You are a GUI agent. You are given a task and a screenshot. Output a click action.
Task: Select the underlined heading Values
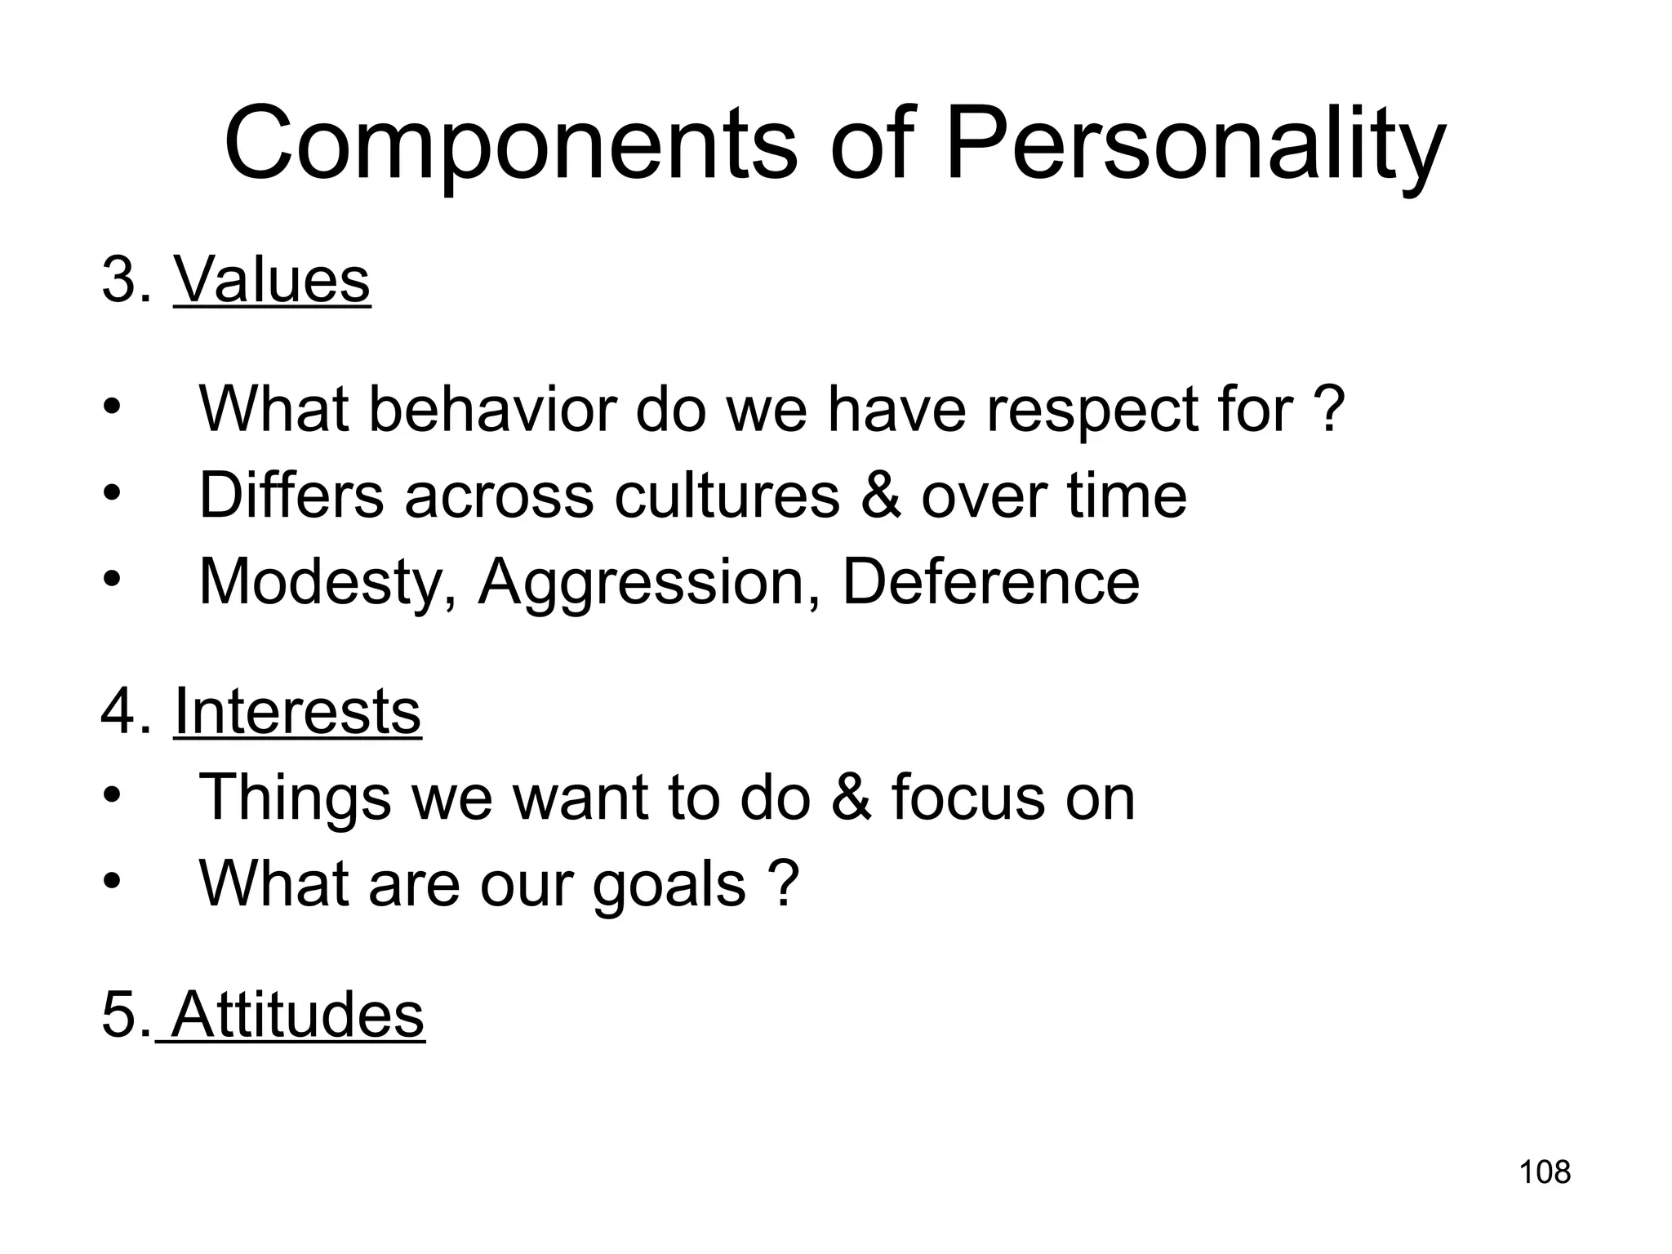click(x=272, y=280)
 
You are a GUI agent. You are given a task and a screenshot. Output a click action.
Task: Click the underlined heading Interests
click(x=297, y=711)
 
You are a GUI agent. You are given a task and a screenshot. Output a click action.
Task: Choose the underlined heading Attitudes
click(x=298, y=1014)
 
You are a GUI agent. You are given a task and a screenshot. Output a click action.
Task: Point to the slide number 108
click(x=1545, y=1172)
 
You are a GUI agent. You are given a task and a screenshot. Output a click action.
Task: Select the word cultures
click(x=727, y=495)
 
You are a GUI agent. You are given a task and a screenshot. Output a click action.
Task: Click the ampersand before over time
click(x=881, y=495)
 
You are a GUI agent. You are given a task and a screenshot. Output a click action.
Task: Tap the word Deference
click(x=990, y=582)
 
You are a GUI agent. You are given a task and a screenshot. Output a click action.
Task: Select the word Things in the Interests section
click(x=295, y=798)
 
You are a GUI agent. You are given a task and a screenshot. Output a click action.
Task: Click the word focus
click(x=968, y=798)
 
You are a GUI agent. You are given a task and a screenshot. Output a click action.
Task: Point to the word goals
click(x=669, y=884)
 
